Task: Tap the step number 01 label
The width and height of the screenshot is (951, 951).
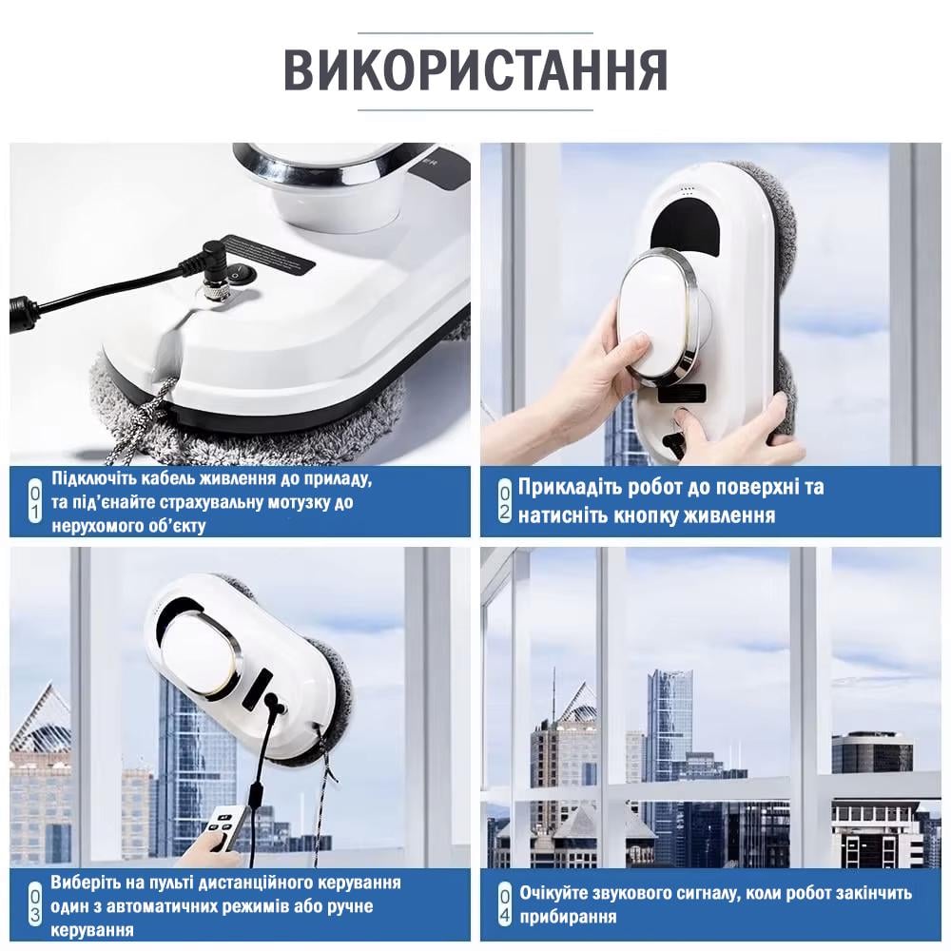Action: [x=34, y=501]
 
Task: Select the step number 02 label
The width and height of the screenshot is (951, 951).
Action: [x=504, y=501]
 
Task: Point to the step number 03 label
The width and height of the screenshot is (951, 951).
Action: [x=34, y=904]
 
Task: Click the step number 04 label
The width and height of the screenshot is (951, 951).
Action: [x=504, y=904]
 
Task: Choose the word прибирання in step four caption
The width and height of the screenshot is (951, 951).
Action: [x=568, y=917]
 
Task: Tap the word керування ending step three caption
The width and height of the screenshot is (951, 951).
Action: [x=91, y=929]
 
